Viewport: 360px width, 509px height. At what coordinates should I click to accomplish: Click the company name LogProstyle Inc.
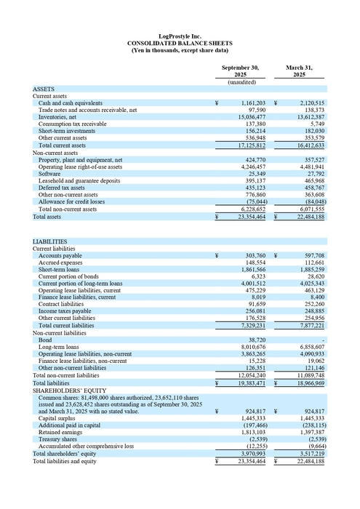[x=180, y=36]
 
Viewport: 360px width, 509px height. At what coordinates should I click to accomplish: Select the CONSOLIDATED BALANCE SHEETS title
[x=180, y=43]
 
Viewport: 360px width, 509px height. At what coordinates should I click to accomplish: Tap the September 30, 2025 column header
[x=239, y=71]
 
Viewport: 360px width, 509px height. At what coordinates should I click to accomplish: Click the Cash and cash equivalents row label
[x=71, y=103]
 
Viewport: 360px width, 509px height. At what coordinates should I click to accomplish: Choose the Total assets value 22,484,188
[x=311, y=217]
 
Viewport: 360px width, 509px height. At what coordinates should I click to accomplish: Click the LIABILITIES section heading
[x=50, y=241]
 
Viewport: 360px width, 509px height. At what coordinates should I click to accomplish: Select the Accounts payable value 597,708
[x=312, y=256]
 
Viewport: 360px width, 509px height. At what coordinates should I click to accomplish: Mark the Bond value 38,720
[x=256, y=340]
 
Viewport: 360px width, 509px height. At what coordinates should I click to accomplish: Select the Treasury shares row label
[x=58, y=440]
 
